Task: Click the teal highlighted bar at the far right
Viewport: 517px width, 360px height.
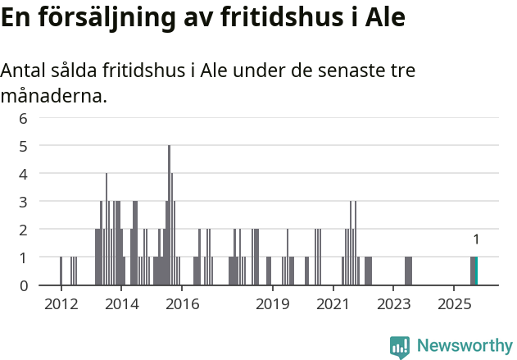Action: click(x=476, y=271)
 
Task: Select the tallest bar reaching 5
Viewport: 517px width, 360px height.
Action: click(x=169, y=215)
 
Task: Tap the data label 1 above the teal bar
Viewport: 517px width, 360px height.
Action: click(x=476, y=239)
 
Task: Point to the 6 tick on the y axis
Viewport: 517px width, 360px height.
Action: click(x=24, y=117)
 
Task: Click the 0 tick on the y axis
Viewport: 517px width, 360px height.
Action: click(x=24, y=285)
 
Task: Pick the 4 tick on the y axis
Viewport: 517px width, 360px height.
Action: click(x=24, y=173)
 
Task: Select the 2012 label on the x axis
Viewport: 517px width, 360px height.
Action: click(x=61, y=304)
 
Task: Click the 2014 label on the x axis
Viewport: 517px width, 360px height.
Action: click(x=122, y=304)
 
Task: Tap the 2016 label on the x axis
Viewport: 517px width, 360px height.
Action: click(x=183, y=304)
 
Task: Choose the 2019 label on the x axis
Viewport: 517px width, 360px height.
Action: click(x=273, y=304)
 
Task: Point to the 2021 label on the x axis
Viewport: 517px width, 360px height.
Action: click(x=333, y=304)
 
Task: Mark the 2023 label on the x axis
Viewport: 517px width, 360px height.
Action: click(x=393, y=304)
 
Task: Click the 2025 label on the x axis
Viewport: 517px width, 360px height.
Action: click(x=454, y=304)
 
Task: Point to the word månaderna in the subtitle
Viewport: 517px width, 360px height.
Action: click(x=53, y=96)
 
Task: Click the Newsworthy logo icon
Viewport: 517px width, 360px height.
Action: click(x=400, y=347)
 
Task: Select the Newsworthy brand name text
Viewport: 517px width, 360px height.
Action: click(x=465, y=346)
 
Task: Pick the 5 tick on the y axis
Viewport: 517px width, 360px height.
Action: click(x=24, y=145)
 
